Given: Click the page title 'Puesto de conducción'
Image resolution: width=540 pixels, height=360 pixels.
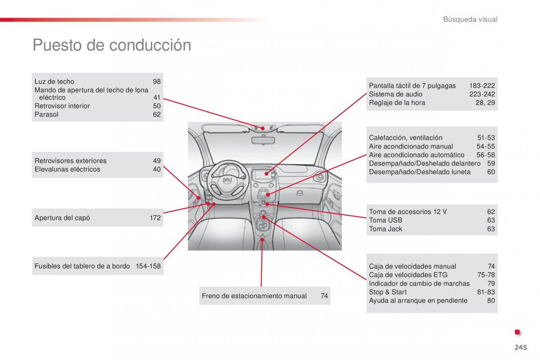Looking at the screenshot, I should click(112, 45).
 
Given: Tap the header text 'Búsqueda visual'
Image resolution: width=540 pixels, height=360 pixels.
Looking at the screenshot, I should click(470, 19).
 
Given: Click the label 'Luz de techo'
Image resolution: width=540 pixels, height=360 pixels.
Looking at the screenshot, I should click(54, 81).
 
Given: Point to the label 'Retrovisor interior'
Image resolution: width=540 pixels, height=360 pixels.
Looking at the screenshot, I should click(62, 106).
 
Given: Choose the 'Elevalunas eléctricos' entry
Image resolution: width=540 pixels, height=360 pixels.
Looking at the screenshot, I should click(67, 169).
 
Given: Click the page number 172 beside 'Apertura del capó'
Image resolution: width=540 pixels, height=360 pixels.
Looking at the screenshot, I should click(155, 218).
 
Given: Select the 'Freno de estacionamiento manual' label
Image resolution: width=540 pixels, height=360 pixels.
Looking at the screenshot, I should click(254, 296).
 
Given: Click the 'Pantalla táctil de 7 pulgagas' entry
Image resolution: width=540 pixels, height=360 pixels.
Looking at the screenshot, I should click(412, 85).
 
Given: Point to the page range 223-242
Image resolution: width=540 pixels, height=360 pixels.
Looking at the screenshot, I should click(482, 94).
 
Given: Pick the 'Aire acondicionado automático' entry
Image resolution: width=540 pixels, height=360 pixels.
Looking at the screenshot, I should click(417, 155).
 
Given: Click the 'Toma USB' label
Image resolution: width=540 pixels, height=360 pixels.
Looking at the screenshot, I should click(386, 220).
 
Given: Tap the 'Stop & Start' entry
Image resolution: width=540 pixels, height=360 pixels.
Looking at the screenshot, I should click(387, 292).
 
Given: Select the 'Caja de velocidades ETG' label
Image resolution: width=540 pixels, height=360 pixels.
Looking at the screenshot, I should click(408, 274).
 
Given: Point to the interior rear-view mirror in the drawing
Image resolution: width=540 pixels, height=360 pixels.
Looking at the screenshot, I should click(263, 140).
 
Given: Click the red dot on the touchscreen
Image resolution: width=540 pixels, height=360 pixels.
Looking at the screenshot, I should click(266, 173).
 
